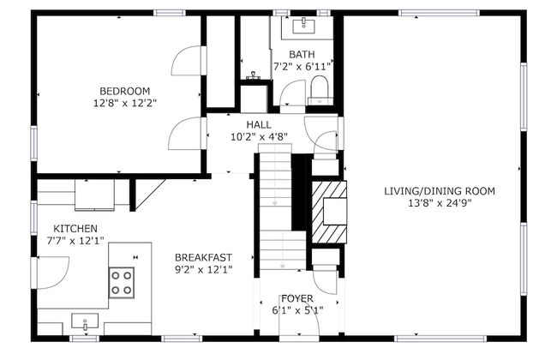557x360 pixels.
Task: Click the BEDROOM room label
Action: tap(124, 91)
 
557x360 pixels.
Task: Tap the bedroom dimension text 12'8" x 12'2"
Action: tap(124, 103)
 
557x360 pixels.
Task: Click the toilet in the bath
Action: tap(319, 88)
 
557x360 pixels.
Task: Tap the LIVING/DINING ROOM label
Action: tap(439, 190)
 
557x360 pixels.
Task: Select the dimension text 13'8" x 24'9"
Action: tap(439, 203)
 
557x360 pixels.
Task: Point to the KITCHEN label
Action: tap(75, 229)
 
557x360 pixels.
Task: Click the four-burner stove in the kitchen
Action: tap(122, 281)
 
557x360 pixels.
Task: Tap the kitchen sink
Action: tap(86, 323)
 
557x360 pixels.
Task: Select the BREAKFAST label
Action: tap(203, 257)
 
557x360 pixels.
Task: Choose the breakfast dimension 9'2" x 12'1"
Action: tap(203, 269)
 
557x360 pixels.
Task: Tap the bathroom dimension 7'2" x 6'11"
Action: tap(302, 66)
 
